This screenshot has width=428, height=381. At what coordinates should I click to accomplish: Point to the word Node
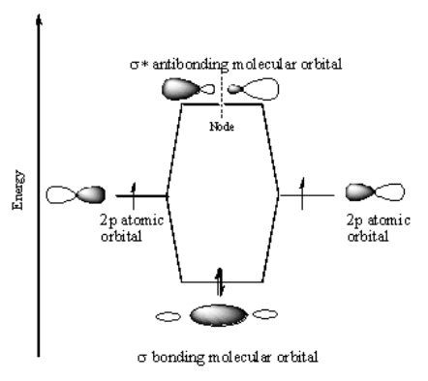[x=222, y=123]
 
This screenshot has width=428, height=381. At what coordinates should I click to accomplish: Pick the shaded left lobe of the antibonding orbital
[x=187, y=90]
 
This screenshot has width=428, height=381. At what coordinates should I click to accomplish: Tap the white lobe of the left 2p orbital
[x=60, y=194]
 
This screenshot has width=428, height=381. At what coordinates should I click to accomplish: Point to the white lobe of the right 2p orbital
[x=388, y=192]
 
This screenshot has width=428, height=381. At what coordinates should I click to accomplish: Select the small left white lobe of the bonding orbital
[x=170, y=314]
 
